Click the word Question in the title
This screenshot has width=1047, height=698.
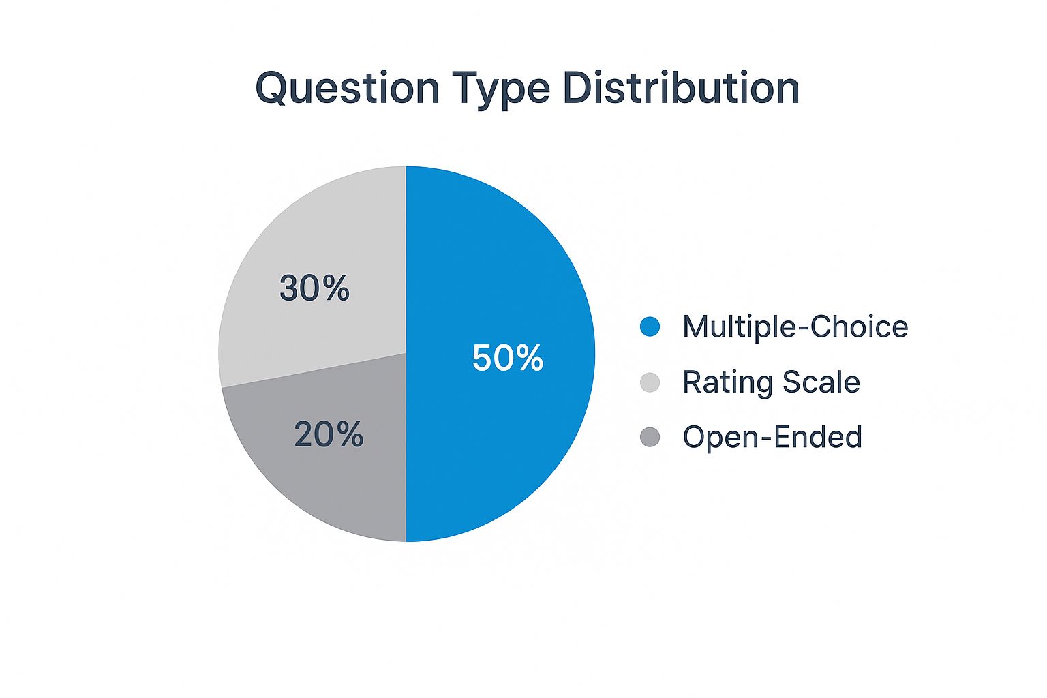tap(347, 89)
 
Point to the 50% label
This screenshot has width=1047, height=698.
tap(507, 358)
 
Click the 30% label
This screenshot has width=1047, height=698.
tap(314, 288)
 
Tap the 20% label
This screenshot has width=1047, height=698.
tap(329, 434)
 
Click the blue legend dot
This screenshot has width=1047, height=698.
tap(650, 327)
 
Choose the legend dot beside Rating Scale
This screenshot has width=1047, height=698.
tap(650, 382)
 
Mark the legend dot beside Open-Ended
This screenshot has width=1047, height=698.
tap(650, 437)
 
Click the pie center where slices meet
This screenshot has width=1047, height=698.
tap(406, 353)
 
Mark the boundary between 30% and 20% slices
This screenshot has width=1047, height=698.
tap(314, 370)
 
